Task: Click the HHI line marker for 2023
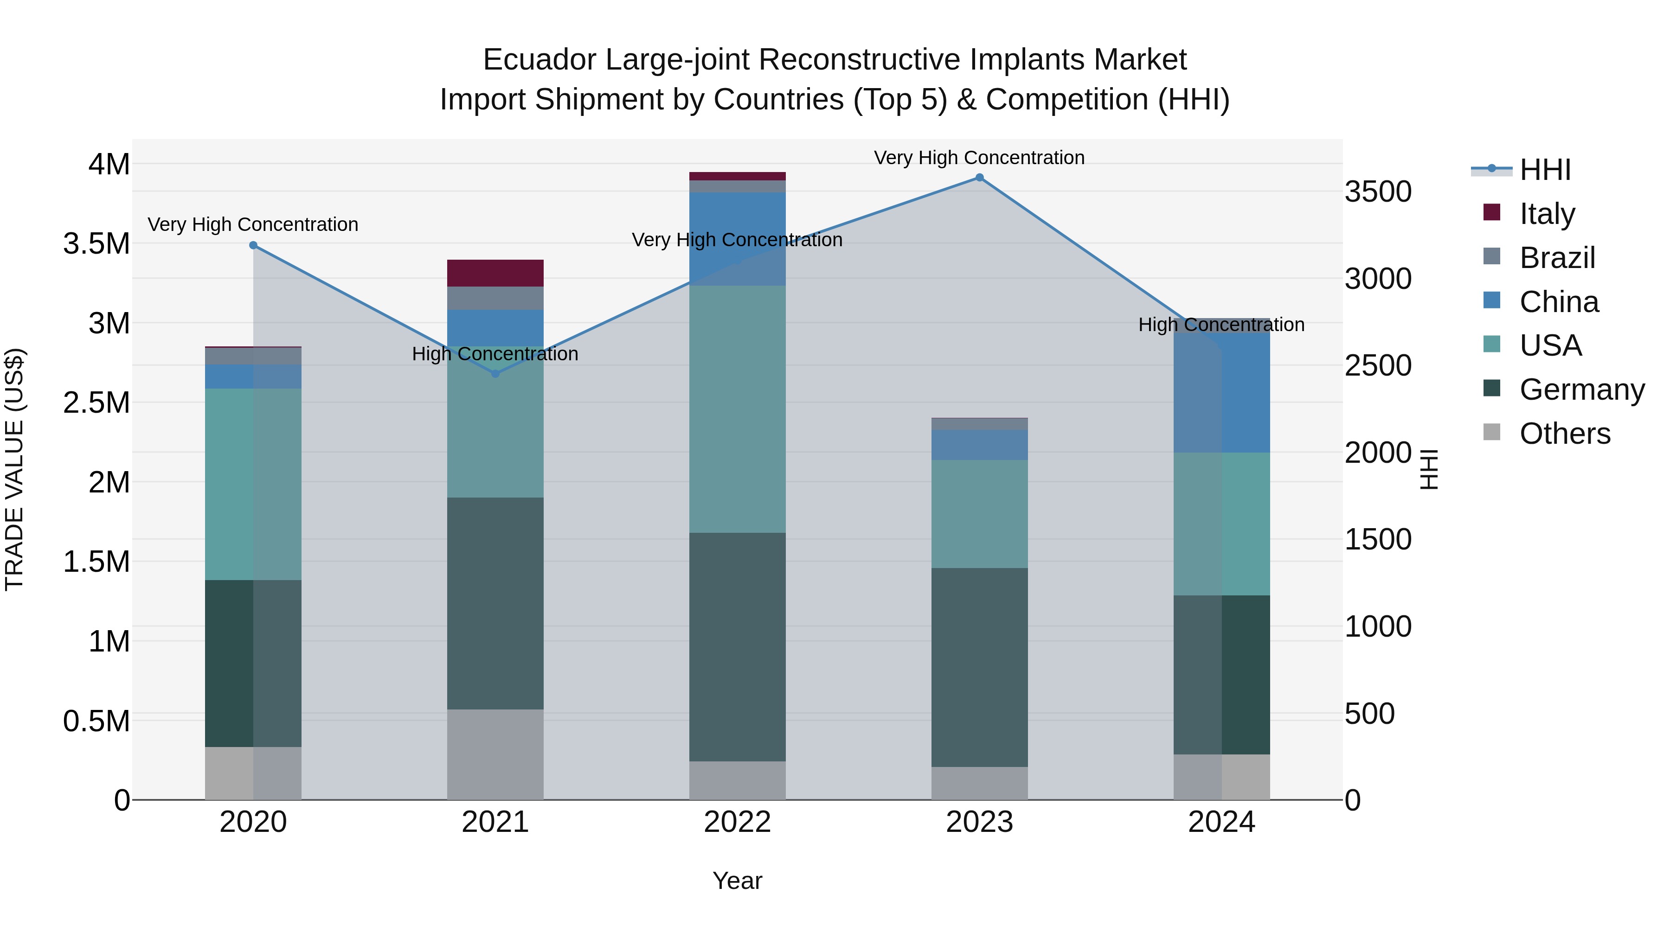979,178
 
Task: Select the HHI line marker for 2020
253,245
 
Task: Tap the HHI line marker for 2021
495,374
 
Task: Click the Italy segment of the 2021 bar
495,273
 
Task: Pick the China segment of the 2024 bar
1221,389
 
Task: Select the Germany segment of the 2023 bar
979,667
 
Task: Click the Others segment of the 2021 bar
495,754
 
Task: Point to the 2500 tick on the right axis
1378,365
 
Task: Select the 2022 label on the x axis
737,822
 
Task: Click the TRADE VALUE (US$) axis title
15,469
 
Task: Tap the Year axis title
737,881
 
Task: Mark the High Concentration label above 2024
1221,324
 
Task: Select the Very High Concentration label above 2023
979,158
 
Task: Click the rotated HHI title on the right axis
1428,469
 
